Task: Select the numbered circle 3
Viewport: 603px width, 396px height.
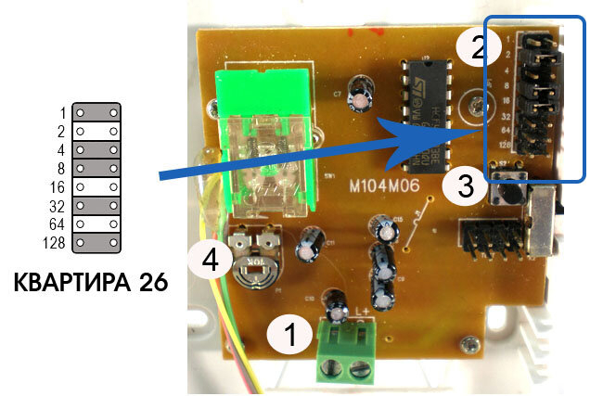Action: coord(466,186)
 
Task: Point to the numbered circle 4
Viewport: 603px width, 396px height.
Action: coord(211,261)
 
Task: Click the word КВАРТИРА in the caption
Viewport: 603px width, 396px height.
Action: coord(70,282)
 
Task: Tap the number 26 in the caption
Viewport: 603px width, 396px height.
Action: coord(150,282)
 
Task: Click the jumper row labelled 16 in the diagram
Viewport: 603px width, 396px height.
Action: coord(96,186)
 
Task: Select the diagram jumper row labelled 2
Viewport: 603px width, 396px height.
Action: coord(96,130)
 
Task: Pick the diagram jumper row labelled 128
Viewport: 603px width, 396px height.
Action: coord(96,243)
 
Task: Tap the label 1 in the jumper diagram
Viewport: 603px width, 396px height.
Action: coord(63,111)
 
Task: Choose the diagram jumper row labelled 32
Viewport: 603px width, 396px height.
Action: coord(96,205)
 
